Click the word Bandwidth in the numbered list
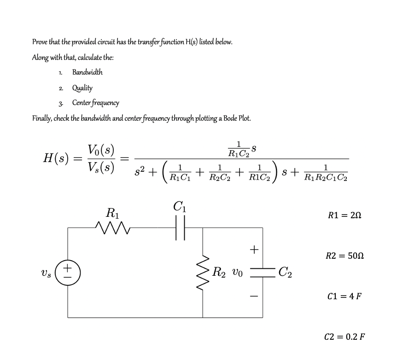[88, 72]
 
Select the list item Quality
[82, 87]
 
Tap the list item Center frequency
[96, 103]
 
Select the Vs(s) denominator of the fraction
[101, 168]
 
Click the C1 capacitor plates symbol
[180, 227]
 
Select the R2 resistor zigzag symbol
[203, 271]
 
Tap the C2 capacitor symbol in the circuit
[263, 271]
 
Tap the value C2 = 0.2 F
[345, 336]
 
